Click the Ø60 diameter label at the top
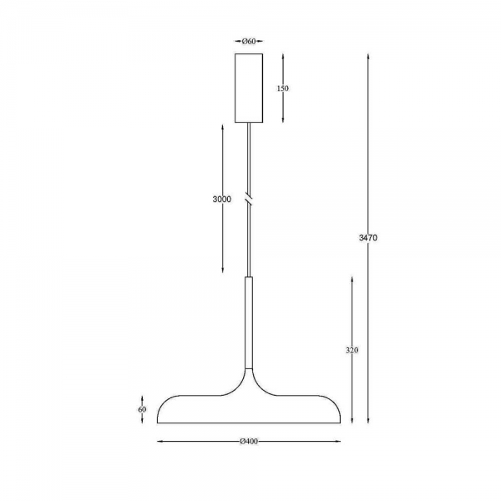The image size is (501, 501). coord(249,41)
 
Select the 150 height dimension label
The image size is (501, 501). coord(282,89)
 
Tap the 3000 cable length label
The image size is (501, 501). coord(222,200)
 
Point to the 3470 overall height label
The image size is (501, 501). coord(368,238)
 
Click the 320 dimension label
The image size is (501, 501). coord(352,350)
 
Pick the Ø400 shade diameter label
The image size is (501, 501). coord(249,442)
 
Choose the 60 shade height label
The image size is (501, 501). coord(142,409)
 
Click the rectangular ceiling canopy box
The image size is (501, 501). coord(249,88)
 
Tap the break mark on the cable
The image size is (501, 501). coord(249,199)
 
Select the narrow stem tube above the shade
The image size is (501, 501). coord(249,322)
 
